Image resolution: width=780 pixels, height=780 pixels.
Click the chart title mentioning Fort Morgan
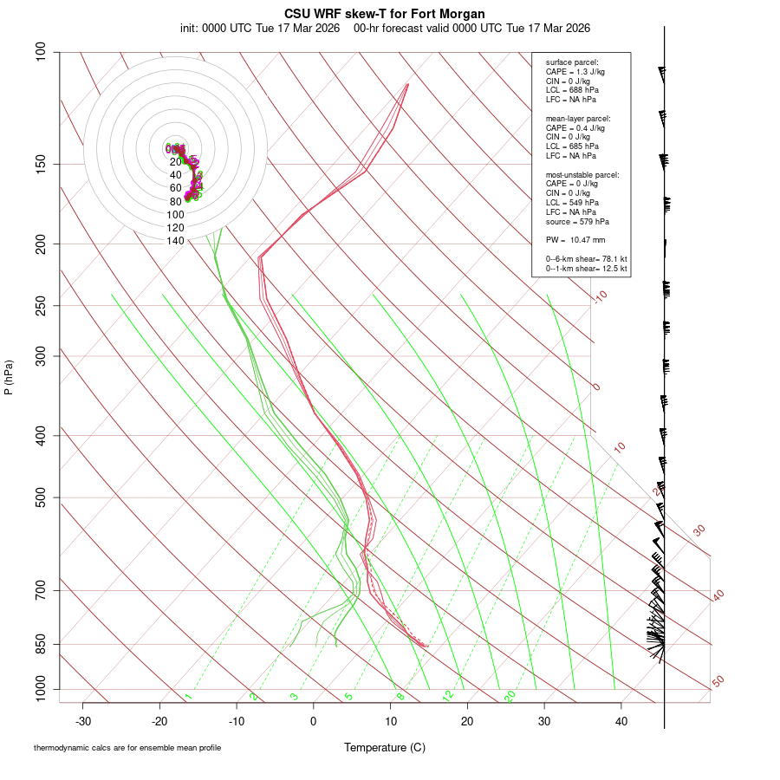coord(385,14)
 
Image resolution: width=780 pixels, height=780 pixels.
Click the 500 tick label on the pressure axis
coord(42,497)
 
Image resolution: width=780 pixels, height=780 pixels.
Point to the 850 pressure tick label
coord(42,644)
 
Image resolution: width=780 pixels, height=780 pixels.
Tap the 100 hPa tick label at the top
coord(42,52)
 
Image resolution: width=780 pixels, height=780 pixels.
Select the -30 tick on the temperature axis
coord(83,721)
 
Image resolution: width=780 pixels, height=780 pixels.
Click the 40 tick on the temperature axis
coord(621,721)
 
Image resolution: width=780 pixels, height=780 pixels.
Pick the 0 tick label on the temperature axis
coord(314,721)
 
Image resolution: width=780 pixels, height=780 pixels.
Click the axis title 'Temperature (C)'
coord(385,747)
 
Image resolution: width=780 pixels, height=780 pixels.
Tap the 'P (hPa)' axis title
coord(9,377)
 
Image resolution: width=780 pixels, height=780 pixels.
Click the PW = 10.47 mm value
coord(575,239)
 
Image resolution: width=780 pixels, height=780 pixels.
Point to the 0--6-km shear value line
coord(586,259)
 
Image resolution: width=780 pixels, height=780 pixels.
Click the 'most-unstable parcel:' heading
coord(582,175)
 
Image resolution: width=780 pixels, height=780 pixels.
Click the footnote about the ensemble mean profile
coord(127,747)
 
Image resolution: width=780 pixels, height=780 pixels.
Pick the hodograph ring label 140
coord(175,241)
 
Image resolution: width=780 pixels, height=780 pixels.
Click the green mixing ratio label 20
coord(510,695)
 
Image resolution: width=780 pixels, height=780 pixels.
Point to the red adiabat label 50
coord(718,682)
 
